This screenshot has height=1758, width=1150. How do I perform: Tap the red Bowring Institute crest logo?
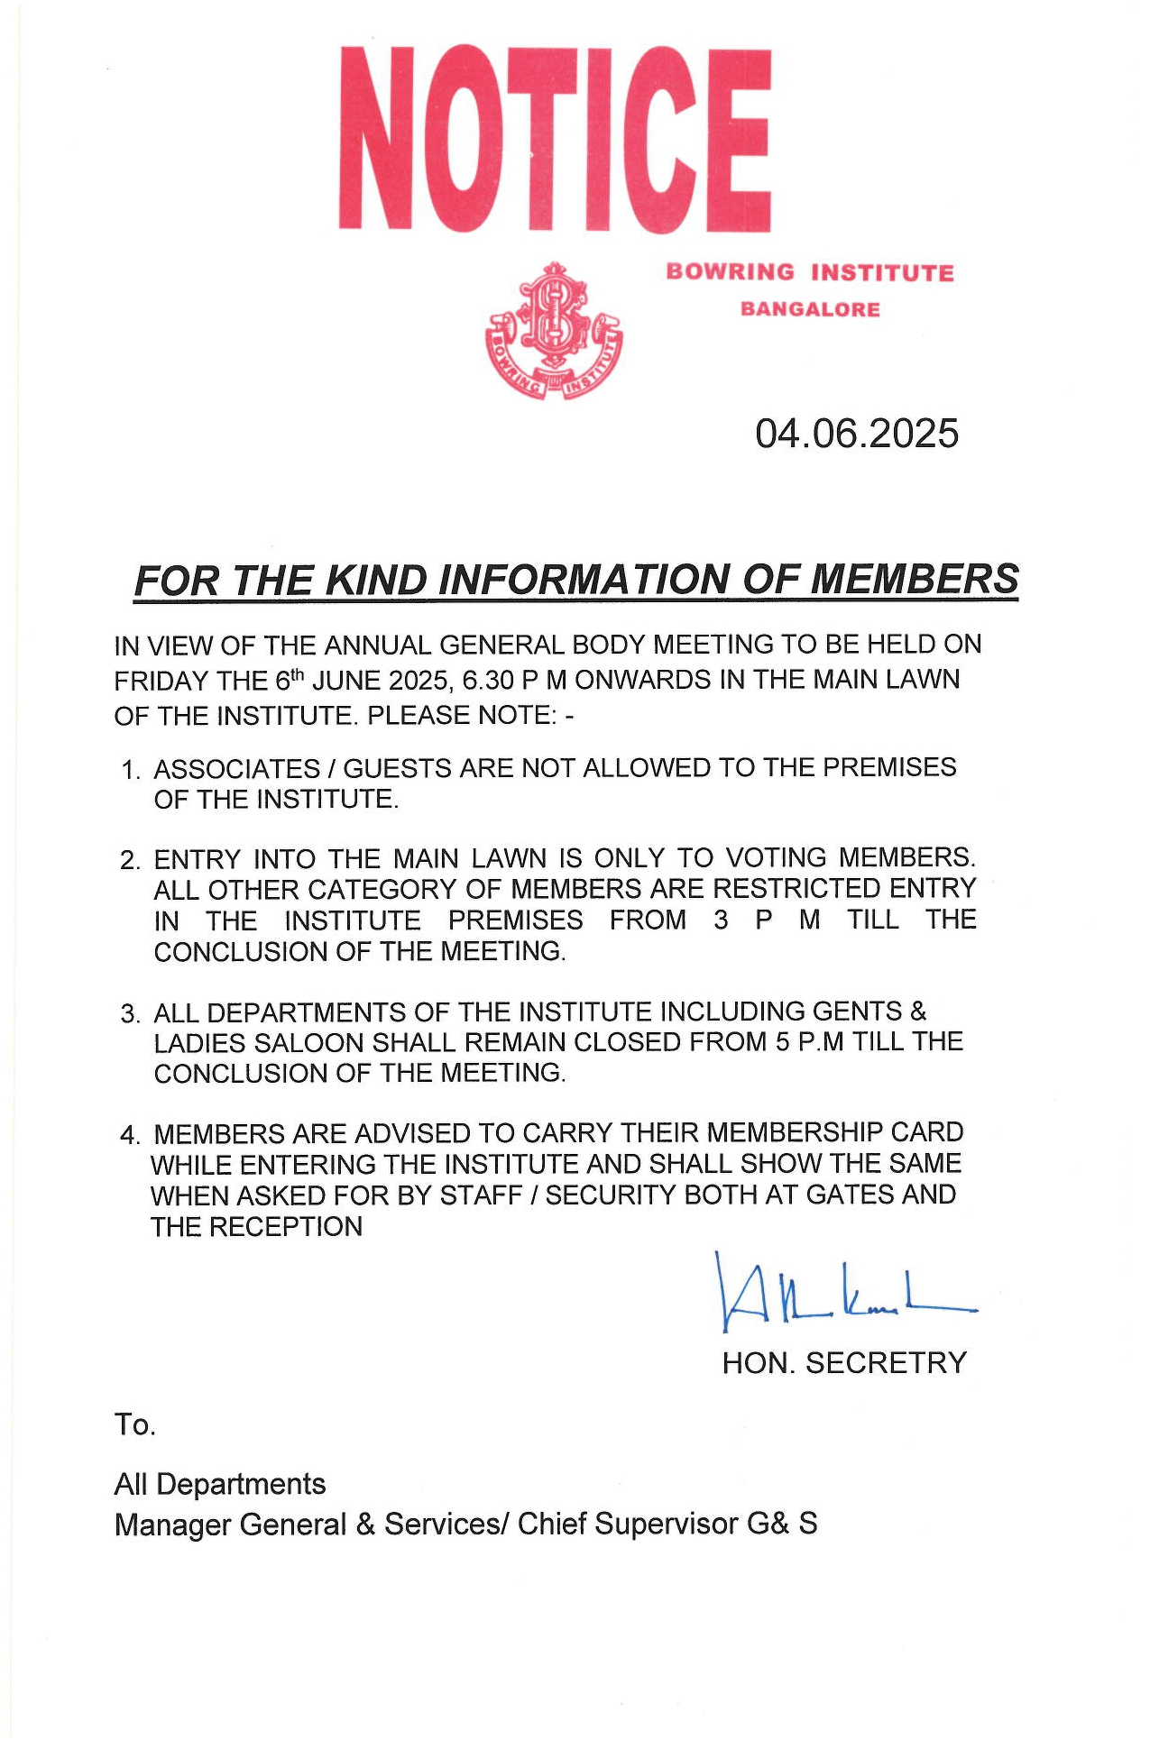pyautogui.click(x=554, y=331)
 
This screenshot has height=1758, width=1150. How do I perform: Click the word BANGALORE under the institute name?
pyautogui.click(x=810, y=309)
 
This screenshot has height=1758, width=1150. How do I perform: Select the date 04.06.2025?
pyautogui.click(x=856, y=434)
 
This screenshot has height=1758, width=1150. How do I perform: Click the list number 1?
pyautogui.click(x=130, y=771)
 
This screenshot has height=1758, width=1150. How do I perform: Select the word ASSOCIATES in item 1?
pyautogui.click(x=236, y=769)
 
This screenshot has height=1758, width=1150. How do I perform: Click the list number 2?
pyautogui.click(x=130, y=860)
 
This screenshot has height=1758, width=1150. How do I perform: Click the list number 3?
pyautogui.click(x=130, y=1014)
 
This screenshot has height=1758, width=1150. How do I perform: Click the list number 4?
pyautogui.click(x=130, y=1135)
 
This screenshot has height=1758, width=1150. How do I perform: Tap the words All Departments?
pyautogui.click(x=220, y=1484)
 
